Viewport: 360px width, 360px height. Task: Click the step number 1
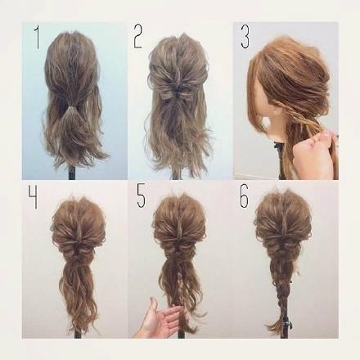point(37,38)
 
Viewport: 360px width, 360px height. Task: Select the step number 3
point(245,38)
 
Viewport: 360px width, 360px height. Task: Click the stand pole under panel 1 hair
point(72,172)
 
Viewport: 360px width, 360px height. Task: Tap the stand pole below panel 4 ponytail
point(79,334)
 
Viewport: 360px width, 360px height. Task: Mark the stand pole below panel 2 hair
point(178,173)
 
